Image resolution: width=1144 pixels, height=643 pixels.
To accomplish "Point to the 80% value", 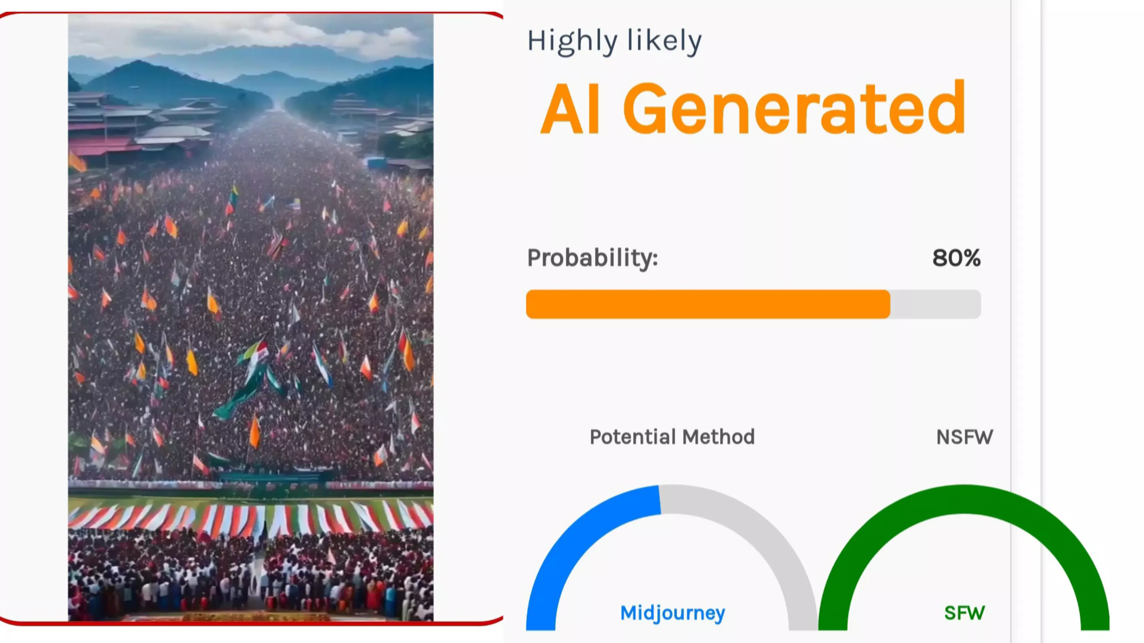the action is click(956, 258).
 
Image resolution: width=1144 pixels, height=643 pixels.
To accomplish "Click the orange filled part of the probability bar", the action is click(708, 304).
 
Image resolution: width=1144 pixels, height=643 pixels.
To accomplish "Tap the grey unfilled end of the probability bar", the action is click(936, 304).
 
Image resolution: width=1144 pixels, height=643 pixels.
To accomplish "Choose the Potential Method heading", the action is click(672, 437).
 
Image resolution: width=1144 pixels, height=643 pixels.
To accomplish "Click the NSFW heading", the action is click(964, 437).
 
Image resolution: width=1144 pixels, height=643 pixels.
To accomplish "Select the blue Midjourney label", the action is click(672, 613).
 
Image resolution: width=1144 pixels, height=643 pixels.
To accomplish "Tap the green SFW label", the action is click(964, 613).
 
